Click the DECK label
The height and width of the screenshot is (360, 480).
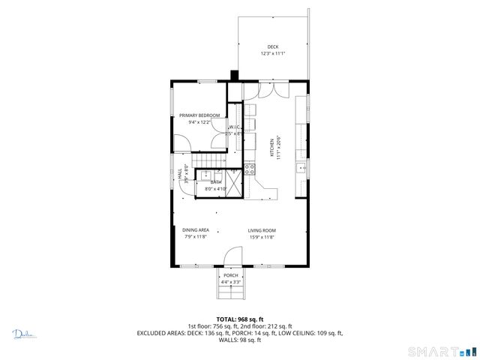pos(273,46)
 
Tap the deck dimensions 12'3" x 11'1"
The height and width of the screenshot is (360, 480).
pos(273,53)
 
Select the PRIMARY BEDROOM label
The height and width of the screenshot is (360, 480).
pos(199,115)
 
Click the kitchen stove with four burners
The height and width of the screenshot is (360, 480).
pos(251,169)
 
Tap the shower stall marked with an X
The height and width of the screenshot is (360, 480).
pos(235,183)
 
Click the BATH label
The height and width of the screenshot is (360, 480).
pos(216,182)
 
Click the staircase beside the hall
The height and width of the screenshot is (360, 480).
pos(208,162)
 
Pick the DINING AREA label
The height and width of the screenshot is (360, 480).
pos(195,230)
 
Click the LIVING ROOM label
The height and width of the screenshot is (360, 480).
pos(262,230)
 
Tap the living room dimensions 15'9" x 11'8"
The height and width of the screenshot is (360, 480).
pos(262,237)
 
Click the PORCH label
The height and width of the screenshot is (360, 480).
pos(231,275)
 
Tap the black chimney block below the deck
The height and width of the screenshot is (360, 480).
pos(235,75)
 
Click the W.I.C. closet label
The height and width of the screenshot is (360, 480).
pos(233,127)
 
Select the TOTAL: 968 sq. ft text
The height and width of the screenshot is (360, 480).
pos(239,319)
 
